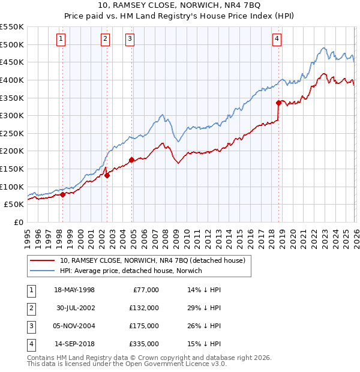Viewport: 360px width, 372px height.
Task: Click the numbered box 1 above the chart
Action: (62, 40)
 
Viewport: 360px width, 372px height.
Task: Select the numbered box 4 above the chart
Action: (277, 40)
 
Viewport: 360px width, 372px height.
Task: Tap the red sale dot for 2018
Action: (279, 103)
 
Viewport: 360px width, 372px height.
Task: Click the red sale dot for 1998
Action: (62, 194)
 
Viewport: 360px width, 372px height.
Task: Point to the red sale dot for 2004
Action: (131, 160)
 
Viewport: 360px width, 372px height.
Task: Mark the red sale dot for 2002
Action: (107, 175)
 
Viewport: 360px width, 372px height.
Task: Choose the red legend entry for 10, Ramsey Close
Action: (152, 261)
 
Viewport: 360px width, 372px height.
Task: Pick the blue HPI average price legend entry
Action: (131, 271)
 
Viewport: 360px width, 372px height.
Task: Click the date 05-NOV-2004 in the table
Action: (74, 326)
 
